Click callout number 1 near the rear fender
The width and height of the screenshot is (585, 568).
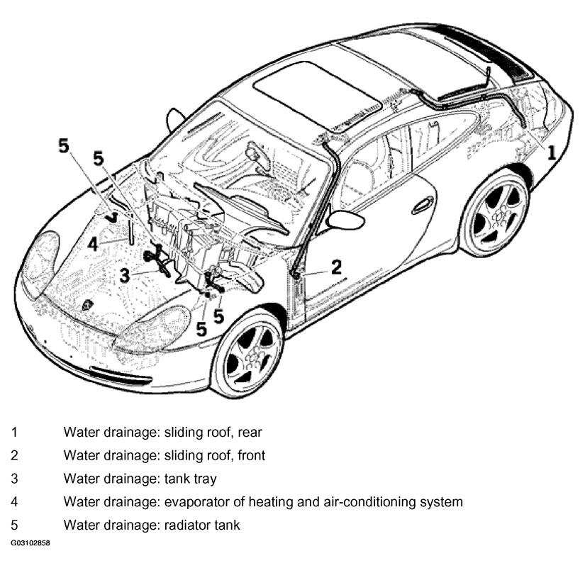[x=552, y=152]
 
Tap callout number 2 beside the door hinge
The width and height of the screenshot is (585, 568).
[x=336, y=267]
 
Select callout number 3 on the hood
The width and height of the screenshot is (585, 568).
[x=125, y=276]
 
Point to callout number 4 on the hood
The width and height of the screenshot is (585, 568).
[x=93, y=245]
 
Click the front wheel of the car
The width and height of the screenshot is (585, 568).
[x=250, y=353]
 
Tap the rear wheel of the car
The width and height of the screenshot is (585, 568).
[x=495, y=214]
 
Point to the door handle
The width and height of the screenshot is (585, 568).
[x=423, y=206]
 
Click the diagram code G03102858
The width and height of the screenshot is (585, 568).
[x=30, y=543]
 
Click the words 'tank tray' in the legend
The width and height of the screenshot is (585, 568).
[x=190, y=479]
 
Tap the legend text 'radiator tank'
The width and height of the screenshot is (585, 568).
[x=202, y=525]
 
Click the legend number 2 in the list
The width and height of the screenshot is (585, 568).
[x=14, y=455]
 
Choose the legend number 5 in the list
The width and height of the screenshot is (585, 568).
[x=14, y=525]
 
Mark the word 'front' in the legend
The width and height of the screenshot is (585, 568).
[x=252, y=455]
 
